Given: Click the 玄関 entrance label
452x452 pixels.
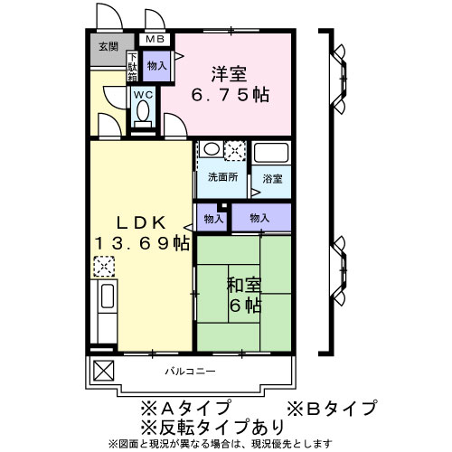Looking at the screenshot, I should (108, 47).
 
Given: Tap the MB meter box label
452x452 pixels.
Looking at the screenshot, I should (155, 39).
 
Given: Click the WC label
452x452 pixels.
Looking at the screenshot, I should (144, 94).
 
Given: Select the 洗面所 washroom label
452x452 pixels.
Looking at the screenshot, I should (221, 177).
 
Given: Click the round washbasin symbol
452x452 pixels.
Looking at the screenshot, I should (209, 150).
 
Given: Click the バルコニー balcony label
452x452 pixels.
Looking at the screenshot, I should (189, 372).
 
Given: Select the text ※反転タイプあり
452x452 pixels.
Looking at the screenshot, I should (212, 427).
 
